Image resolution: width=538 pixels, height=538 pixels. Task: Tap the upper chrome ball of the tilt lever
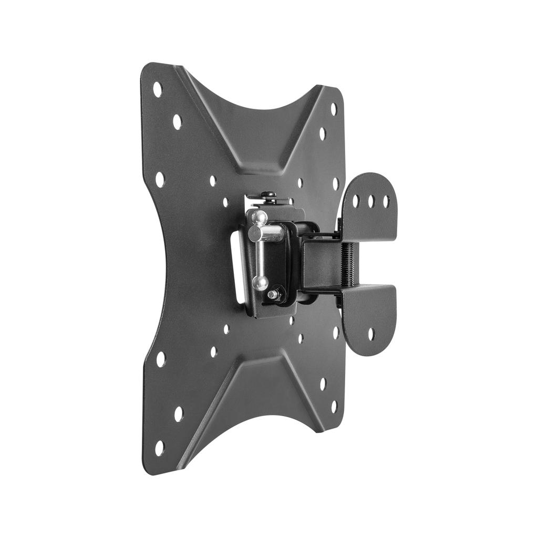(259, 217)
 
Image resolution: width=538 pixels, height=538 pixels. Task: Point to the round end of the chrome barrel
(255, 234)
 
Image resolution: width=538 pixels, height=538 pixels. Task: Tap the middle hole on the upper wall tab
(371, 201)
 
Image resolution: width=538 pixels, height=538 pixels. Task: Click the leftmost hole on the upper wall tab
(356, 201)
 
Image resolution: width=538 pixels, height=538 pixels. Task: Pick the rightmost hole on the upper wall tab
(386, 201)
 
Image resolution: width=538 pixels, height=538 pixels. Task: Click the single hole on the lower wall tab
(371, 333)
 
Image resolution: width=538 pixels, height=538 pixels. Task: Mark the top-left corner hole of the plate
(158, 89)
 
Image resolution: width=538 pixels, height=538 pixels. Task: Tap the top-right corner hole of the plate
(334, 109)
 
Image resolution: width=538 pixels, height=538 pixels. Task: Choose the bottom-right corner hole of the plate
(334, 406)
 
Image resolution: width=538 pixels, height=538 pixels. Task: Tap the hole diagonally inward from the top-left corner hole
(178, 122)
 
